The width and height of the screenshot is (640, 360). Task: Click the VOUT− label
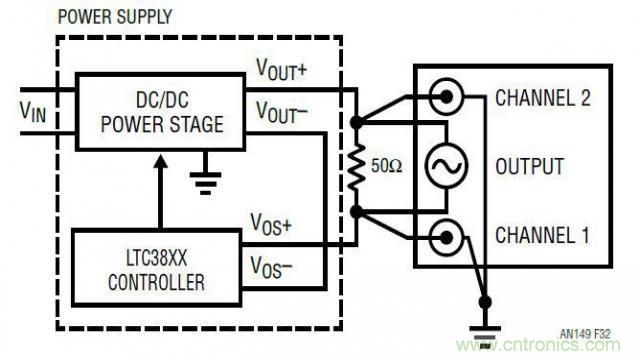[x=282, y=111]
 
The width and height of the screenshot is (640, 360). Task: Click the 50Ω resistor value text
[x=387, y=165]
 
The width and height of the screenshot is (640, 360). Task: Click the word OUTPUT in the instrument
[x=529, y=166]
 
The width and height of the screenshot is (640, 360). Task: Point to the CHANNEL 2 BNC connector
[x=445, y=97]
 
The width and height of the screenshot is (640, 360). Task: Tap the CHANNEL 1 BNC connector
[x=445, y=237]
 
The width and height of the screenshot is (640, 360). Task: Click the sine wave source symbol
[x=445, y=166]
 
